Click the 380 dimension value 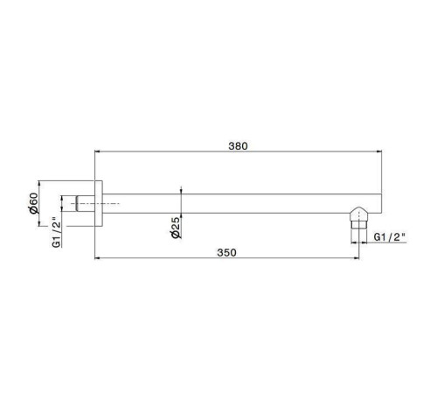[x=237, y=145]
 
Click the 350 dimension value [x=227, y=251]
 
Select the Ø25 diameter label [x=175, y=229]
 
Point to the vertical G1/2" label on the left [x=55, y=233]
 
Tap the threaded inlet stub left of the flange [x=84, y=202]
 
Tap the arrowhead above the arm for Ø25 [x=180, y=191]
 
